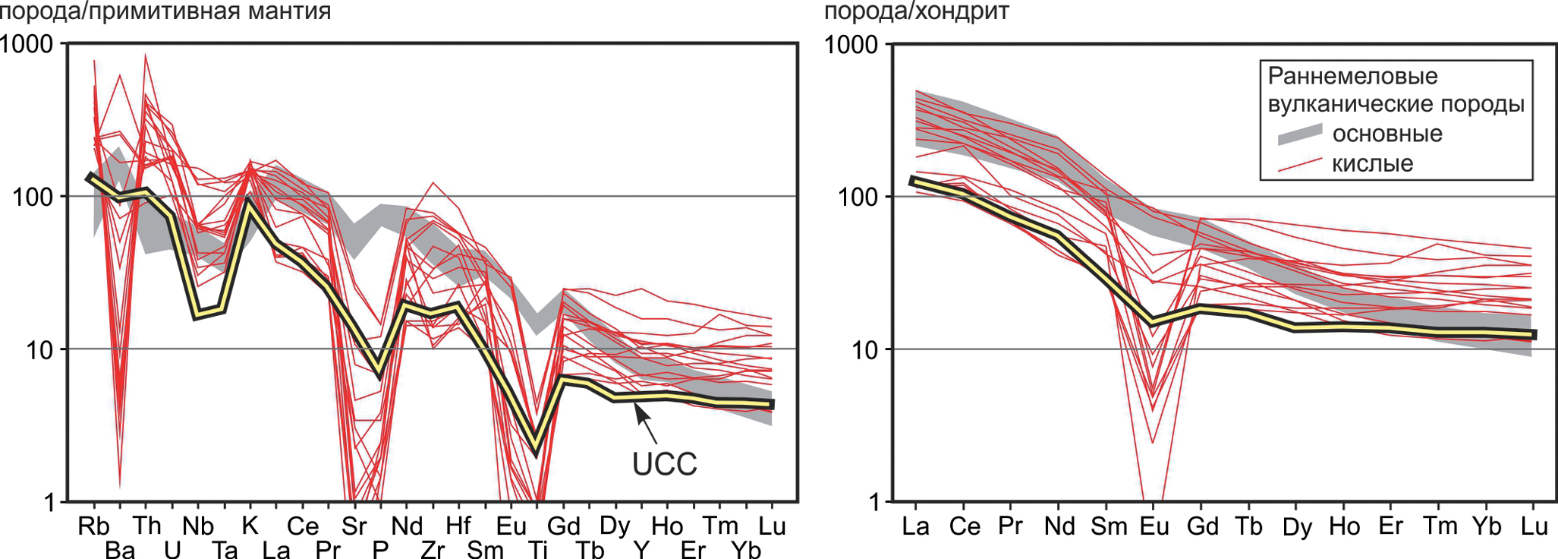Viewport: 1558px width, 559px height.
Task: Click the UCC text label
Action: tap(664, 464)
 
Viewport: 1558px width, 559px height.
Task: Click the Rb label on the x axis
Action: tap(93, 526)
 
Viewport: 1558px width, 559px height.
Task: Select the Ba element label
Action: tap(120, 549)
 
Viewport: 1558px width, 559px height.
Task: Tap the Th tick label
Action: tap(146, 526)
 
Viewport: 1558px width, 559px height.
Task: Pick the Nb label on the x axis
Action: tap(198, 526)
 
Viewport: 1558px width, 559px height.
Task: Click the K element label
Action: tap(250, 526)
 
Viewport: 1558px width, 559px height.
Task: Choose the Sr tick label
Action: tap(354, 526)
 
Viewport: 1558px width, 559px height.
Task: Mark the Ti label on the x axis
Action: tap(537, 549)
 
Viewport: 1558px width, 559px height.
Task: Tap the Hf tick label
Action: tap(458, 526)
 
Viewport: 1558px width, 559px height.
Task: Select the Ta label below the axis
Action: tap(224, 549)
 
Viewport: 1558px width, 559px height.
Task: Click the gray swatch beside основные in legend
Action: tap(1299, 134)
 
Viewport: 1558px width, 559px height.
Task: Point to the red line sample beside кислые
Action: tap(1299, 165)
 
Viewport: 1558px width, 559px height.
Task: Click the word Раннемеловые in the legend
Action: tap(1352, 76)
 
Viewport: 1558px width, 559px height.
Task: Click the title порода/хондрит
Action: tap(916, 11)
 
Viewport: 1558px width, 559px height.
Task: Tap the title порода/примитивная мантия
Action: tap(165, 11)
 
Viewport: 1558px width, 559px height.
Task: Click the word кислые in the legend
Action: tap(1372, 163)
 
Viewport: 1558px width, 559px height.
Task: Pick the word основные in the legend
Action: tap(1387, 134)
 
